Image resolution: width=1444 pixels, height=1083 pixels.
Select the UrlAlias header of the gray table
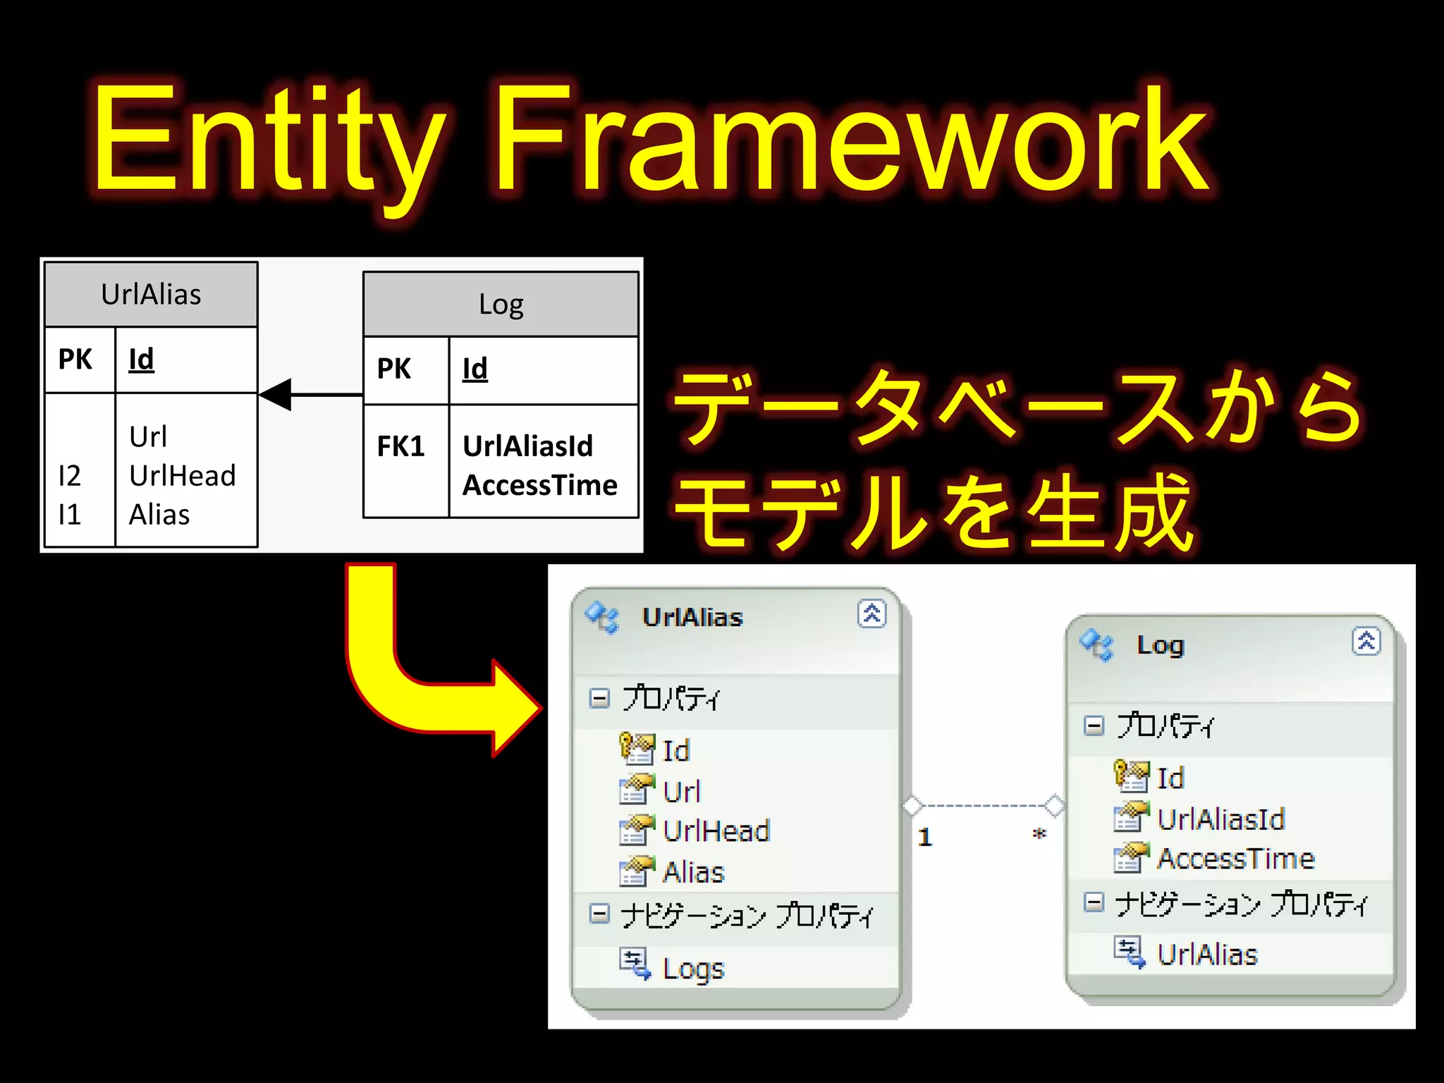(151, 295)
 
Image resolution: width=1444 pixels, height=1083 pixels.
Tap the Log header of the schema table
(501, 305)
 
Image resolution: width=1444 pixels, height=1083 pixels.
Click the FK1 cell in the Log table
(400, 446)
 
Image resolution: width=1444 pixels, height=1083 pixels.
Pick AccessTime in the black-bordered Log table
(540, 485)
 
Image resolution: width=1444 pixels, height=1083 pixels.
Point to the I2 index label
(69, 476)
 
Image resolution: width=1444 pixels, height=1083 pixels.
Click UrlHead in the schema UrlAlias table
(182, 476)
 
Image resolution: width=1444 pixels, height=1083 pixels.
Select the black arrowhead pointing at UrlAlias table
(277, 394)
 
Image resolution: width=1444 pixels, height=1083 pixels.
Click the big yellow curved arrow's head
(515, 708)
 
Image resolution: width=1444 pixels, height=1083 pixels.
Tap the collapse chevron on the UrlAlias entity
(871, 613)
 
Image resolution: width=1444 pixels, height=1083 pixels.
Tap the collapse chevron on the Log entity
(1366, 642)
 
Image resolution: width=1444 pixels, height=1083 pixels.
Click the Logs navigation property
(693, 968)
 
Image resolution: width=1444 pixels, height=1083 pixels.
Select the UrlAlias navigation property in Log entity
(1207, 954)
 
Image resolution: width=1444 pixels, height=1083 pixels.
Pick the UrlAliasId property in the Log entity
(1220, 819)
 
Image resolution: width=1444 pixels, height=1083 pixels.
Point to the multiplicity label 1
(925, 837)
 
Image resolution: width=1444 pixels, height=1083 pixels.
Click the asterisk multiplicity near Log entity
(1039, 835)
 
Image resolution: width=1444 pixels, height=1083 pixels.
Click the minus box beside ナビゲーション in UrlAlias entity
(599, 914)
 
